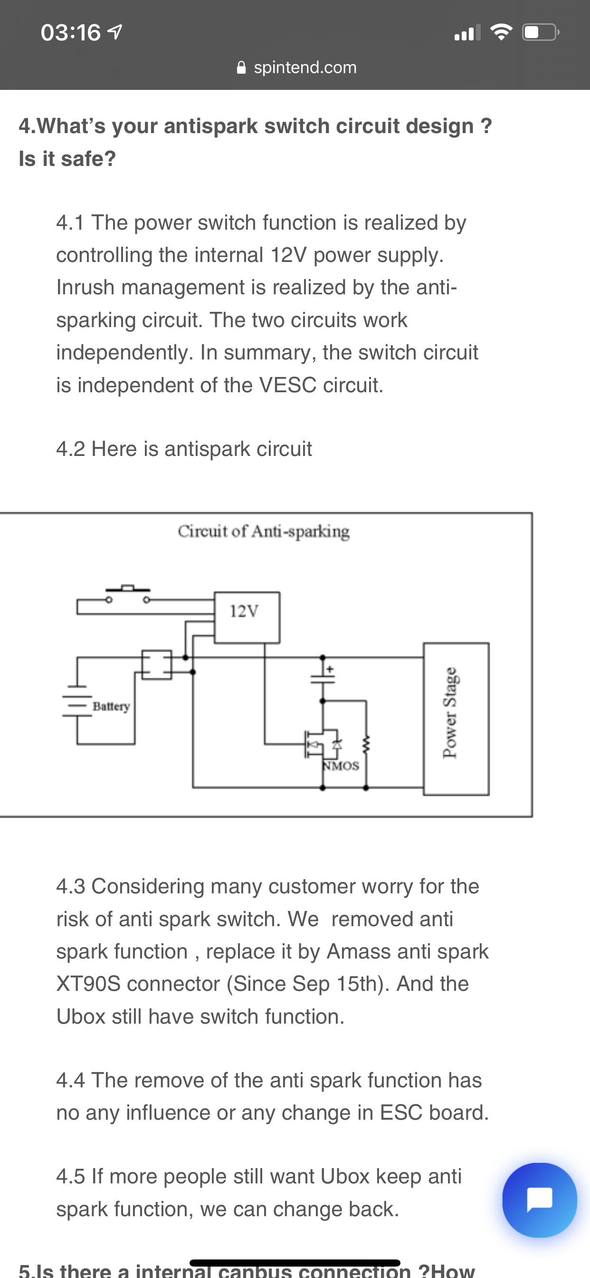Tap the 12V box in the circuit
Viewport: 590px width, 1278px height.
click(x=247, y=617)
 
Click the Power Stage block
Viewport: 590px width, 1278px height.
click(x=456, y=718)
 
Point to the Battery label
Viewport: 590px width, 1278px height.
click(x=111, y=706)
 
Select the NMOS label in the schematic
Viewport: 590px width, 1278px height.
click(x=341, y=766)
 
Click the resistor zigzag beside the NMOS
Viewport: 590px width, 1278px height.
click(x=366, y=743)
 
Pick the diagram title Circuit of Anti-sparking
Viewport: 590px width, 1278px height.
click(x=264, y=532)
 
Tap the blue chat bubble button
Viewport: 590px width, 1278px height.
click(x=540, y=1200)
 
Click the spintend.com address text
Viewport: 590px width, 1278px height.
click(x=305, y=68)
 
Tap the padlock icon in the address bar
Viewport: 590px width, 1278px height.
click(x=241, y=68)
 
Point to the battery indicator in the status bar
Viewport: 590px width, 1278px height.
click(x=540, y=33)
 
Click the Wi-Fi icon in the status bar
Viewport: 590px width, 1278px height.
click(x=501, y=33)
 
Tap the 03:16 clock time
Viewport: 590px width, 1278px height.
click(x=70, y=33)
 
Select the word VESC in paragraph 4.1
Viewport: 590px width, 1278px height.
click(x=287, y=385)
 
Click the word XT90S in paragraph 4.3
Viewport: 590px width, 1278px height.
click(x=88, y=984)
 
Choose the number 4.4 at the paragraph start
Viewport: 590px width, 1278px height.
click(x=70, y=1080)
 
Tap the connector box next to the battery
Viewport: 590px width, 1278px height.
click(x=157, y=664)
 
